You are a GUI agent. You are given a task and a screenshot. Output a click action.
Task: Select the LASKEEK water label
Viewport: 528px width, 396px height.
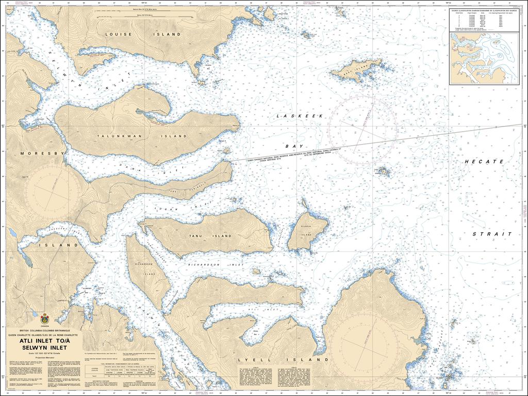coord(300,117)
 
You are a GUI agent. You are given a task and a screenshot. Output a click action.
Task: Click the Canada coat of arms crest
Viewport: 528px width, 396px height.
coord(45,319)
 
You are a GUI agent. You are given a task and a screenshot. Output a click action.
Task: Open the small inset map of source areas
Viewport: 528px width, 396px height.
coord(484,58)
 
